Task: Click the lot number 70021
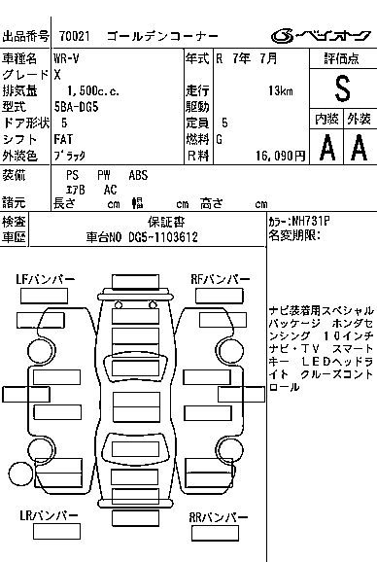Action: click(x=75, y=36)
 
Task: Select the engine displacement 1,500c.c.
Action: click(x=93, y=91)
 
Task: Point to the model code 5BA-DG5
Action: click(x=76, y=107)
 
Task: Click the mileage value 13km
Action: click(x=281, y=91)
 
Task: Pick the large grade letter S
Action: click(x=343, y=88)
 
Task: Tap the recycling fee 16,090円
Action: click(x=281, y=156)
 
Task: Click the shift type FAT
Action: click(x=63, y=139)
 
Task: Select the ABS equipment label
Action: click(x=138, y=175)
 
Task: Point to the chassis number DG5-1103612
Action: click(x=163, y=237)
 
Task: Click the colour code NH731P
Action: click(x=310, y=221)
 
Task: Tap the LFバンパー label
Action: click(x=45, y=280)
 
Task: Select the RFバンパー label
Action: click(x=221, y=280)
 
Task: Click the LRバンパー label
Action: click(x=49, y=515)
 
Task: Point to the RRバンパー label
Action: click(x=219, y=517)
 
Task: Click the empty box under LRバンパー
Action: click(x=56, y=532)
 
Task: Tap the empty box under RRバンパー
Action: click(x=215, y=534)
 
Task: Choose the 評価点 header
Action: click(x=342, y=58)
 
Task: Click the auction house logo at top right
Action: click(x=321, y=36)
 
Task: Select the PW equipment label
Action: click(x=104, y=175)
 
